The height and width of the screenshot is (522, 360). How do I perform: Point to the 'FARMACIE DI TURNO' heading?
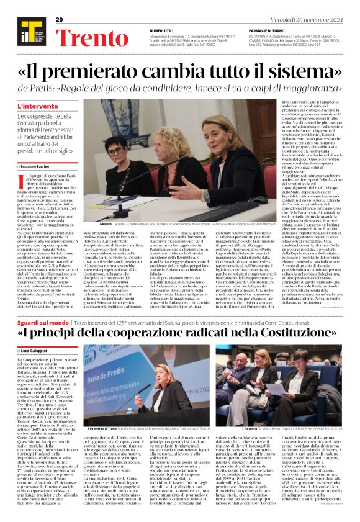point(266,30)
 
